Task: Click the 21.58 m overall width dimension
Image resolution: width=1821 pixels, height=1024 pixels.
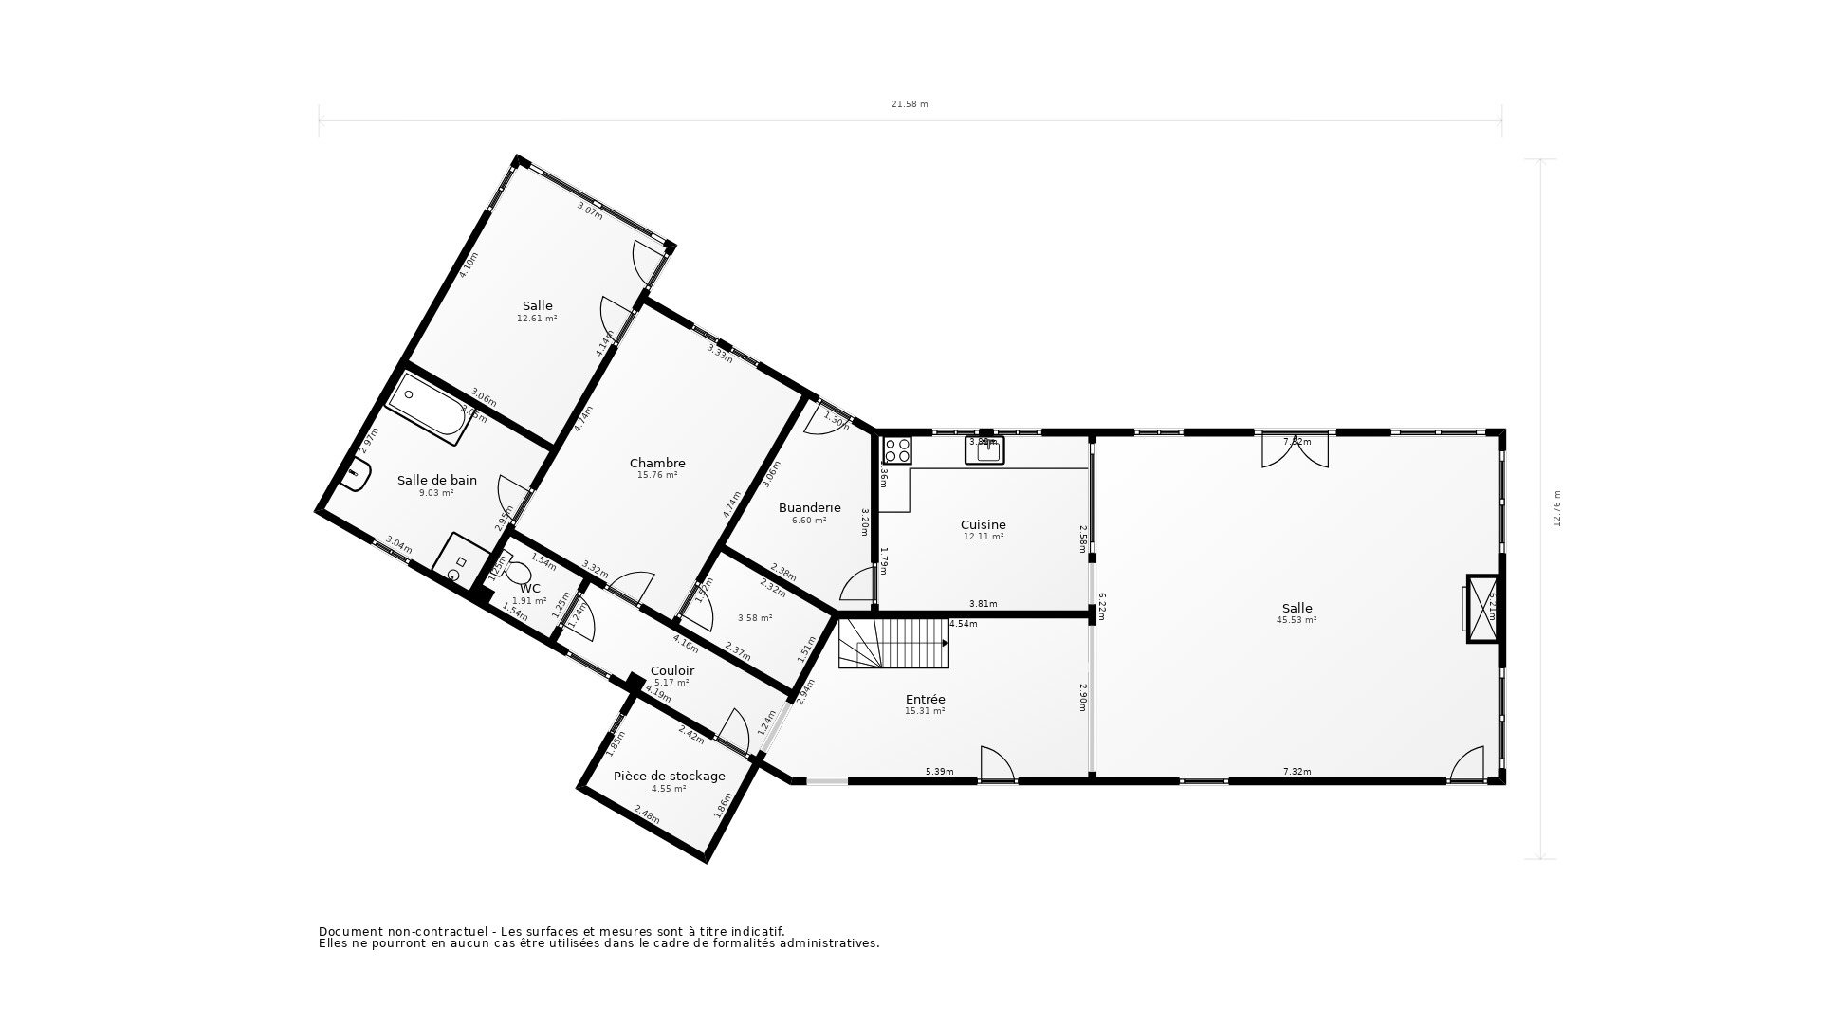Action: point(909,104)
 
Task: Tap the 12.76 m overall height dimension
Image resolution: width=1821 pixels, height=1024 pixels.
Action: point(1556,508)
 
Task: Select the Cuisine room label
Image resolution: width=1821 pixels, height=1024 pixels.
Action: point(983,524)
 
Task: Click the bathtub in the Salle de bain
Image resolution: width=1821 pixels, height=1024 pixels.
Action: point(430,409)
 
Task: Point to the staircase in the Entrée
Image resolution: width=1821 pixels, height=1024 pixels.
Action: point(893,643)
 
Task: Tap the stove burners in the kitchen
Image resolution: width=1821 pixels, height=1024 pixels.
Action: point(897,449)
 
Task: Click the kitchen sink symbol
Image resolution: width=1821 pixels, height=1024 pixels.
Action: point(984,449)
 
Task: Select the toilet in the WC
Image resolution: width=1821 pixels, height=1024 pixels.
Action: point(517,572)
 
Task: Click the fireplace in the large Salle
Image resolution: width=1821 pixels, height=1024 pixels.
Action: point(1481,608)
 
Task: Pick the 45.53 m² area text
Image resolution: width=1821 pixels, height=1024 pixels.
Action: point(1297,620)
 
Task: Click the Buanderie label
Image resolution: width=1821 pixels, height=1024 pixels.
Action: point(809,507)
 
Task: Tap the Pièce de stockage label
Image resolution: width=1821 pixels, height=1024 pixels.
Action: point(669,776)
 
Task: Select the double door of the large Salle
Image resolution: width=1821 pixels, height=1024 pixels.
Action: point(1295,451)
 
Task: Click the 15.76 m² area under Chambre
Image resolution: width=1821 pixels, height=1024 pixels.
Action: point(657,475)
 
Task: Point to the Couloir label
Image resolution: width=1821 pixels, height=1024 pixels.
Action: point(671,670)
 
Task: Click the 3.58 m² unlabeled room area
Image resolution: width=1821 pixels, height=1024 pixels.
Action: point(755,618)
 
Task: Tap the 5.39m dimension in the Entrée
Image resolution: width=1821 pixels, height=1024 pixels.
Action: point(939,772)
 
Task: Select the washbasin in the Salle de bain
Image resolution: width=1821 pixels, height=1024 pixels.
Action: point(355,475)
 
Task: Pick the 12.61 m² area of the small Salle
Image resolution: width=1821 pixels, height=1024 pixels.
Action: point(537,319)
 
